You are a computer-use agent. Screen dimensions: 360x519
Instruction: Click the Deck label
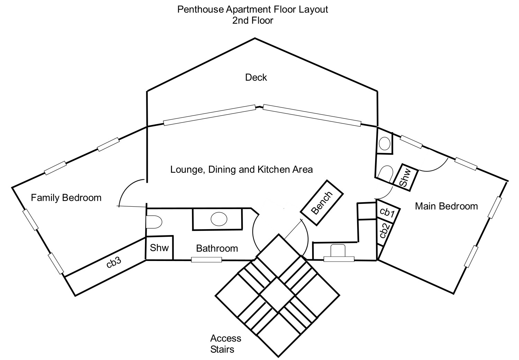pos(256,77)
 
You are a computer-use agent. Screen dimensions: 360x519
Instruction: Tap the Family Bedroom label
pos(66,198)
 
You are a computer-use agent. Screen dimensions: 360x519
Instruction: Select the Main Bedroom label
pos(446,206)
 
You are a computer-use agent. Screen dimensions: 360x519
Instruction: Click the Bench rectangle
pos(321,202)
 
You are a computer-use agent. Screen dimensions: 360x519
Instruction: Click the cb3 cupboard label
pos(113,262)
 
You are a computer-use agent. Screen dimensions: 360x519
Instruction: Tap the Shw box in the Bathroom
pos(159,248)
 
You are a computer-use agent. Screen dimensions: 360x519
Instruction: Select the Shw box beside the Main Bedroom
pos(405,177)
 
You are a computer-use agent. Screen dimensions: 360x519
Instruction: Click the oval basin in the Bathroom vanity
pos(219,219)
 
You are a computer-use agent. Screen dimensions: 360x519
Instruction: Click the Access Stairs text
pos(226,343)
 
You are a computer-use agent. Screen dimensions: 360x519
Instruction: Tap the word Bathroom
pos(217,248)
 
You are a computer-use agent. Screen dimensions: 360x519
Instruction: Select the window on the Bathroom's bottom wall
pos(207,260)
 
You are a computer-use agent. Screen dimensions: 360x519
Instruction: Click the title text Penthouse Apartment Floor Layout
pos(253,9)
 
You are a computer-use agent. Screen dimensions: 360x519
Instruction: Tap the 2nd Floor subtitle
pos(253,20)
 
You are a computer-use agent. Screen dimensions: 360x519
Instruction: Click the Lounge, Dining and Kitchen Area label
pos(242,169)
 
